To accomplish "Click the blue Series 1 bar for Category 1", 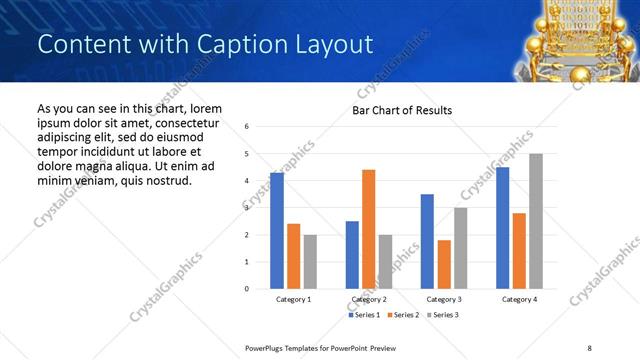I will [x=277, y=231].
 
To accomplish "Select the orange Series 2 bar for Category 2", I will [x=368, y=229].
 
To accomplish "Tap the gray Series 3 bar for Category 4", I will [x=536, y=221].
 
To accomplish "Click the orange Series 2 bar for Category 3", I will [x=444, y=264].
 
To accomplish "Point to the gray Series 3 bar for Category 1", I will [x=310, y=262].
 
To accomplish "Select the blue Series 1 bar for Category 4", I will [x=502, y=228].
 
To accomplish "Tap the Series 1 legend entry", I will [x=364, y=315].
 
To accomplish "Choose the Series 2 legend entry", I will [x=402, y=315].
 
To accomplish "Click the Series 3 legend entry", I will [x=441, y=315].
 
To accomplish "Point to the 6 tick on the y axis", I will [x=247, y=127].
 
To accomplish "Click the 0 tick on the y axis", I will [x=247, y=289].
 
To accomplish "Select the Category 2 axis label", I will [x=369, y=299].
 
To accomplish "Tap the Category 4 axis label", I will [x=519, y=299].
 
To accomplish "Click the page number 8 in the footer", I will [x=589, y=347].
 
